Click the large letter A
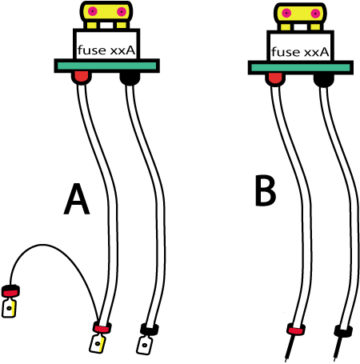[x=77, y=199]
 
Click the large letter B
[x=266, y=190]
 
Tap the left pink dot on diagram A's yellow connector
[x=93, y=11]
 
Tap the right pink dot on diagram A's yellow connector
[x=122, y=12]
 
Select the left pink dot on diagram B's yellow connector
[x=286, y=13]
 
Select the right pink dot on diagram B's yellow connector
[x=315, y=14]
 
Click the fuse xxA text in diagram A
[x=106, y=50]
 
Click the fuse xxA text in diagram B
[x=300, y=52]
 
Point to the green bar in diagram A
[x=106, y=66]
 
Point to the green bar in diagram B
[x=301, y=68]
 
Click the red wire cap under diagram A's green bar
[x=82, y=78]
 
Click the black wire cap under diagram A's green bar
[x=130, y=78]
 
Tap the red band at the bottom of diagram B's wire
[x=296, y=330]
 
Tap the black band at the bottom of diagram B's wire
[x=343, y=331]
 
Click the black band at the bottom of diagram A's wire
[x=150, y=330]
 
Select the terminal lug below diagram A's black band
[x=145, y=345]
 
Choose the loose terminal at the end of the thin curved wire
[x=10, y=302]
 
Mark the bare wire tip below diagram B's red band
[x=290, y=348]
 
